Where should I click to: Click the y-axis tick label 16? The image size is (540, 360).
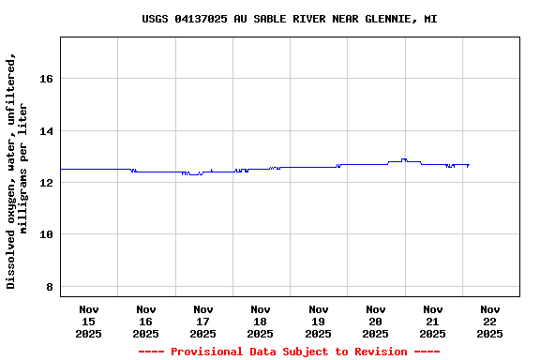pos(45,79)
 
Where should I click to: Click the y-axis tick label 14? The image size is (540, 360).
pos(45,131)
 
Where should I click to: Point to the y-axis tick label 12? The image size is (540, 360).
pos(45,183)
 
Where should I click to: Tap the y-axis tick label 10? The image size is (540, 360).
pos(45,234)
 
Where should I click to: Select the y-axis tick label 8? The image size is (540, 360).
pos(49,287)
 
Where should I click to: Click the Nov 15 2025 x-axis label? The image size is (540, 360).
pos(88,321)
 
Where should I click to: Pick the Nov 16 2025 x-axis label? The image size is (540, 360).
pos(145,321)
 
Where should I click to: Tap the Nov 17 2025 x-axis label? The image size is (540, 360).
pos(202,321)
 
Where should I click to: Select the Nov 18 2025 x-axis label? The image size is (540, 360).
pos(261,321)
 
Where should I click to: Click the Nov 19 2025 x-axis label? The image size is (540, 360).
pos(318,321)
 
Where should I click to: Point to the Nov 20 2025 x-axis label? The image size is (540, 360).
pos(375,321)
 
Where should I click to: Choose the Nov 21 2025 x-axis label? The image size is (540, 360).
pos(432,321)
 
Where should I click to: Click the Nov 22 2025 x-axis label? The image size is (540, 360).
pos(489,321)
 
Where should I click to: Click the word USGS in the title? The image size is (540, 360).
pos(155,19)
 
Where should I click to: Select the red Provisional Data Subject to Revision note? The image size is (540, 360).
pos(289,352)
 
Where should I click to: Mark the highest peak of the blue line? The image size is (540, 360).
pos(404,159)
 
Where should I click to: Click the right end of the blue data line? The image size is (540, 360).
pos(469,165)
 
